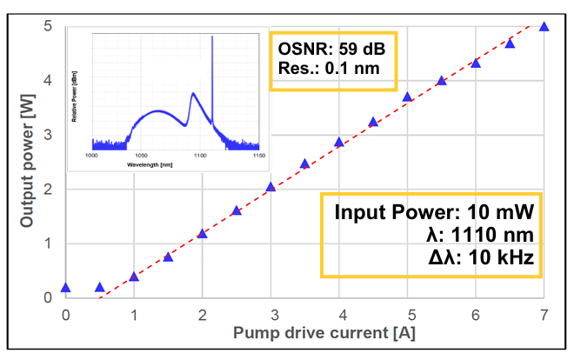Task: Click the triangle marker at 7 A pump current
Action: [x=544, y=26]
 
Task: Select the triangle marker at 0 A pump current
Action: [x=65, y=287]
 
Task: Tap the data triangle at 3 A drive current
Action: [x=270, y=187]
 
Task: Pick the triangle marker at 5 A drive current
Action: [x=407, y=97]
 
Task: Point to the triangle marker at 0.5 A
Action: [x=99, y=287]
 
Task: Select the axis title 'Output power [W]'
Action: [x=27, y=163]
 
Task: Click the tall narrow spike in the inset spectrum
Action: [x=211, y=78]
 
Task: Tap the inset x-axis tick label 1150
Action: [x=257, y=156]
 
